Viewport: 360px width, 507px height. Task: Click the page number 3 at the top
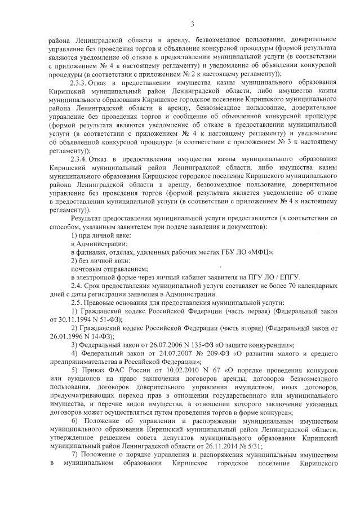pos(192,24)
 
